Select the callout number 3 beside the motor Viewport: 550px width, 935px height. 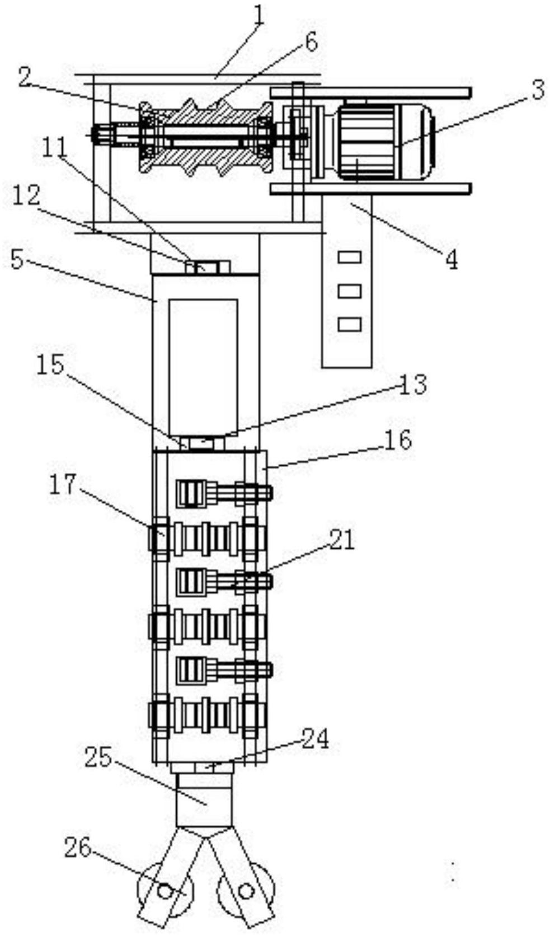[538, 90]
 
